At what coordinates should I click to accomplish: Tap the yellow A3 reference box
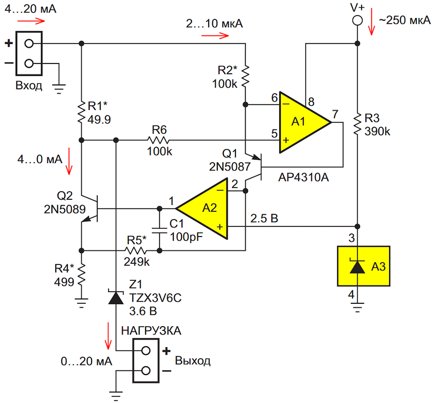pos(363,266)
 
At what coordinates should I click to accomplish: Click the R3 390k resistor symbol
pos(357,124)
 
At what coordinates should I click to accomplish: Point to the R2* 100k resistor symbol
pos(245,76)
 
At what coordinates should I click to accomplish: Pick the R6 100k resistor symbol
pos(159,140)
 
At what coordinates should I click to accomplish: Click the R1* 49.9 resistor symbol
pos(81,112)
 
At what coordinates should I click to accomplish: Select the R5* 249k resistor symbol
pos(135,251)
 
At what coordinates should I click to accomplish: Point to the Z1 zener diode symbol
pos(116,297)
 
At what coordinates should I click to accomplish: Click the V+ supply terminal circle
pos(357,20)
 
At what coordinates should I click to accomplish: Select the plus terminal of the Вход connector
pos(29,44)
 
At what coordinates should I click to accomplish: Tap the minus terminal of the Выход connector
pos(146,371)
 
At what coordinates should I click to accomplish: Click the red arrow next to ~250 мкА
pos(372,22)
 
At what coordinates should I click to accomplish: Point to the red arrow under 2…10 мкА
pos(215,35)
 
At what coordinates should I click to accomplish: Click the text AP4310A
pos(304,177)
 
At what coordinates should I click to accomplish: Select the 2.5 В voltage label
pos(264,218)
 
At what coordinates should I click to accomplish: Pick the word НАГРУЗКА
pos(151,331)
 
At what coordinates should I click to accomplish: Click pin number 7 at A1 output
pos(335,114)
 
